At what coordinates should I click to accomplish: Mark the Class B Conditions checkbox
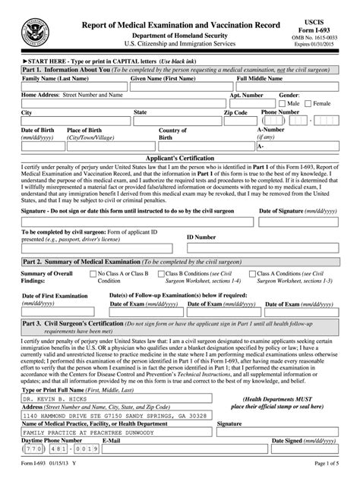click(x=161, y=272)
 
